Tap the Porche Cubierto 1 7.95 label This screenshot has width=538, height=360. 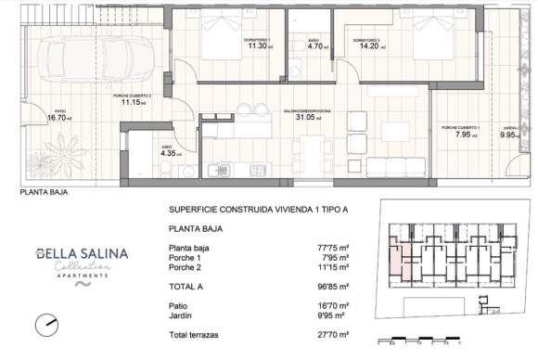(x=461, y=133)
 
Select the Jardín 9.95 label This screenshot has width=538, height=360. (x=508, y=133)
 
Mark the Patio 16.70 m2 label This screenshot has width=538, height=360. (x=58, y=116)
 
